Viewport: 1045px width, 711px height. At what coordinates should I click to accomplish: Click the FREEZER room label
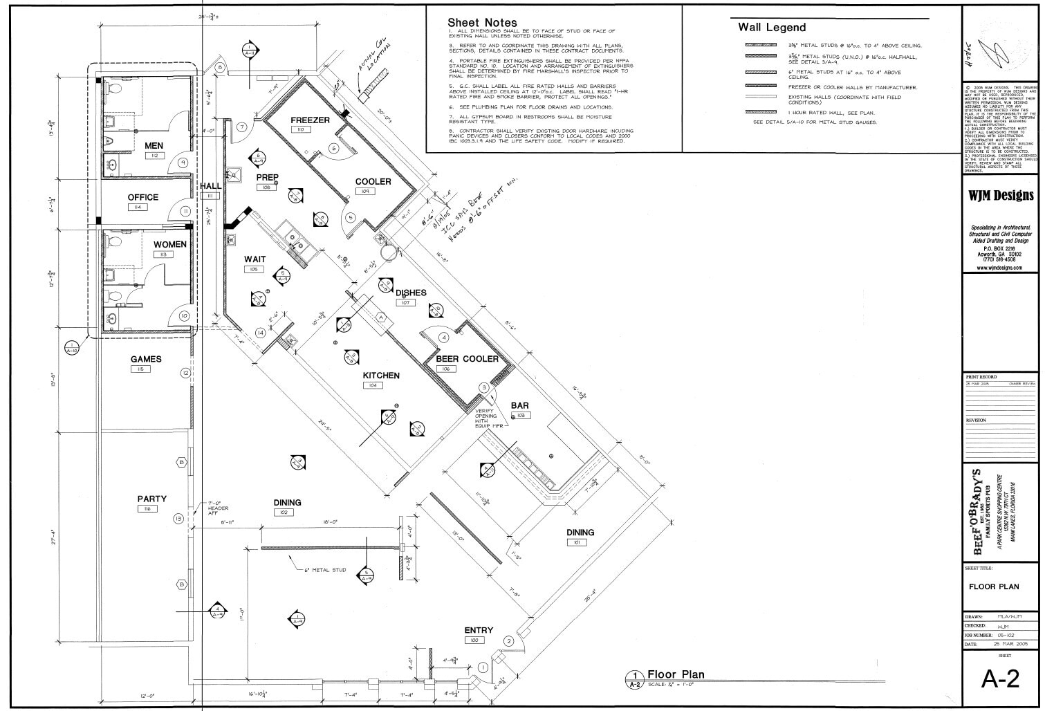(x=310, y=120)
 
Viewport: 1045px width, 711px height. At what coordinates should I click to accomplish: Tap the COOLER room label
(x=373, y=182)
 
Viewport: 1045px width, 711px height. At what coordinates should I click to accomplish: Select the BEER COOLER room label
(x=467, y=359)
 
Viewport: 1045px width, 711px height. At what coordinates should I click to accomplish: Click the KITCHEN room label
(x=381, y=376)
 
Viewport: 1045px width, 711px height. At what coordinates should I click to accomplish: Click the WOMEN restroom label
(x=169, y=245)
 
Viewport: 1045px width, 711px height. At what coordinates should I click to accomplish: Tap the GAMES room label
(x=146, y=359)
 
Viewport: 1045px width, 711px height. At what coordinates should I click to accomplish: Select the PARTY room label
(x=151, y=499)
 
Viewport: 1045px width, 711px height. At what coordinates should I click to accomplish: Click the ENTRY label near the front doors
(x=479, y=630)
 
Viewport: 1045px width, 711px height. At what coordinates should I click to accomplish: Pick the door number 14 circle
(x=260, y=333)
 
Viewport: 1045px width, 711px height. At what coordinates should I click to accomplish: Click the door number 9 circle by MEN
(x=183, y=163)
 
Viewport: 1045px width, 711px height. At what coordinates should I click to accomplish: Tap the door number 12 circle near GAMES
(x=185, y=373)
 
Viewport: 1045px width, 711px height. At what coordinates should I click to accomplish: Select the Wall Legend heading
(x=772, y=28)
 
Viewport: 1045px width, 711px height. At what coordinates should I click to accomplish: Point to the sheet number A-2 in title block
(x=1000, y=680)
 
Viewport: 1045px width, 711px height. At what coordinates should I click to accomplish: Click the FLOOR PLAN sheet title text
(x=994, y=587)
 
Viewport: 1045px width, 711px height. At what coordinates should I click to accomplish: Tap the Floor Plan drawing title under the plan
(x=675, y=674)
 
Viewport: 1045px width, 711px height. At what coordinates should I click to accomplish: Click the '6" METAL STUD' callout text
(x=324, y=571)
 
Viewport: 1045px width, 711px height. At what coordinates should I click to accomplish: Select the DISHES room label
(x=411, y=293)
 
